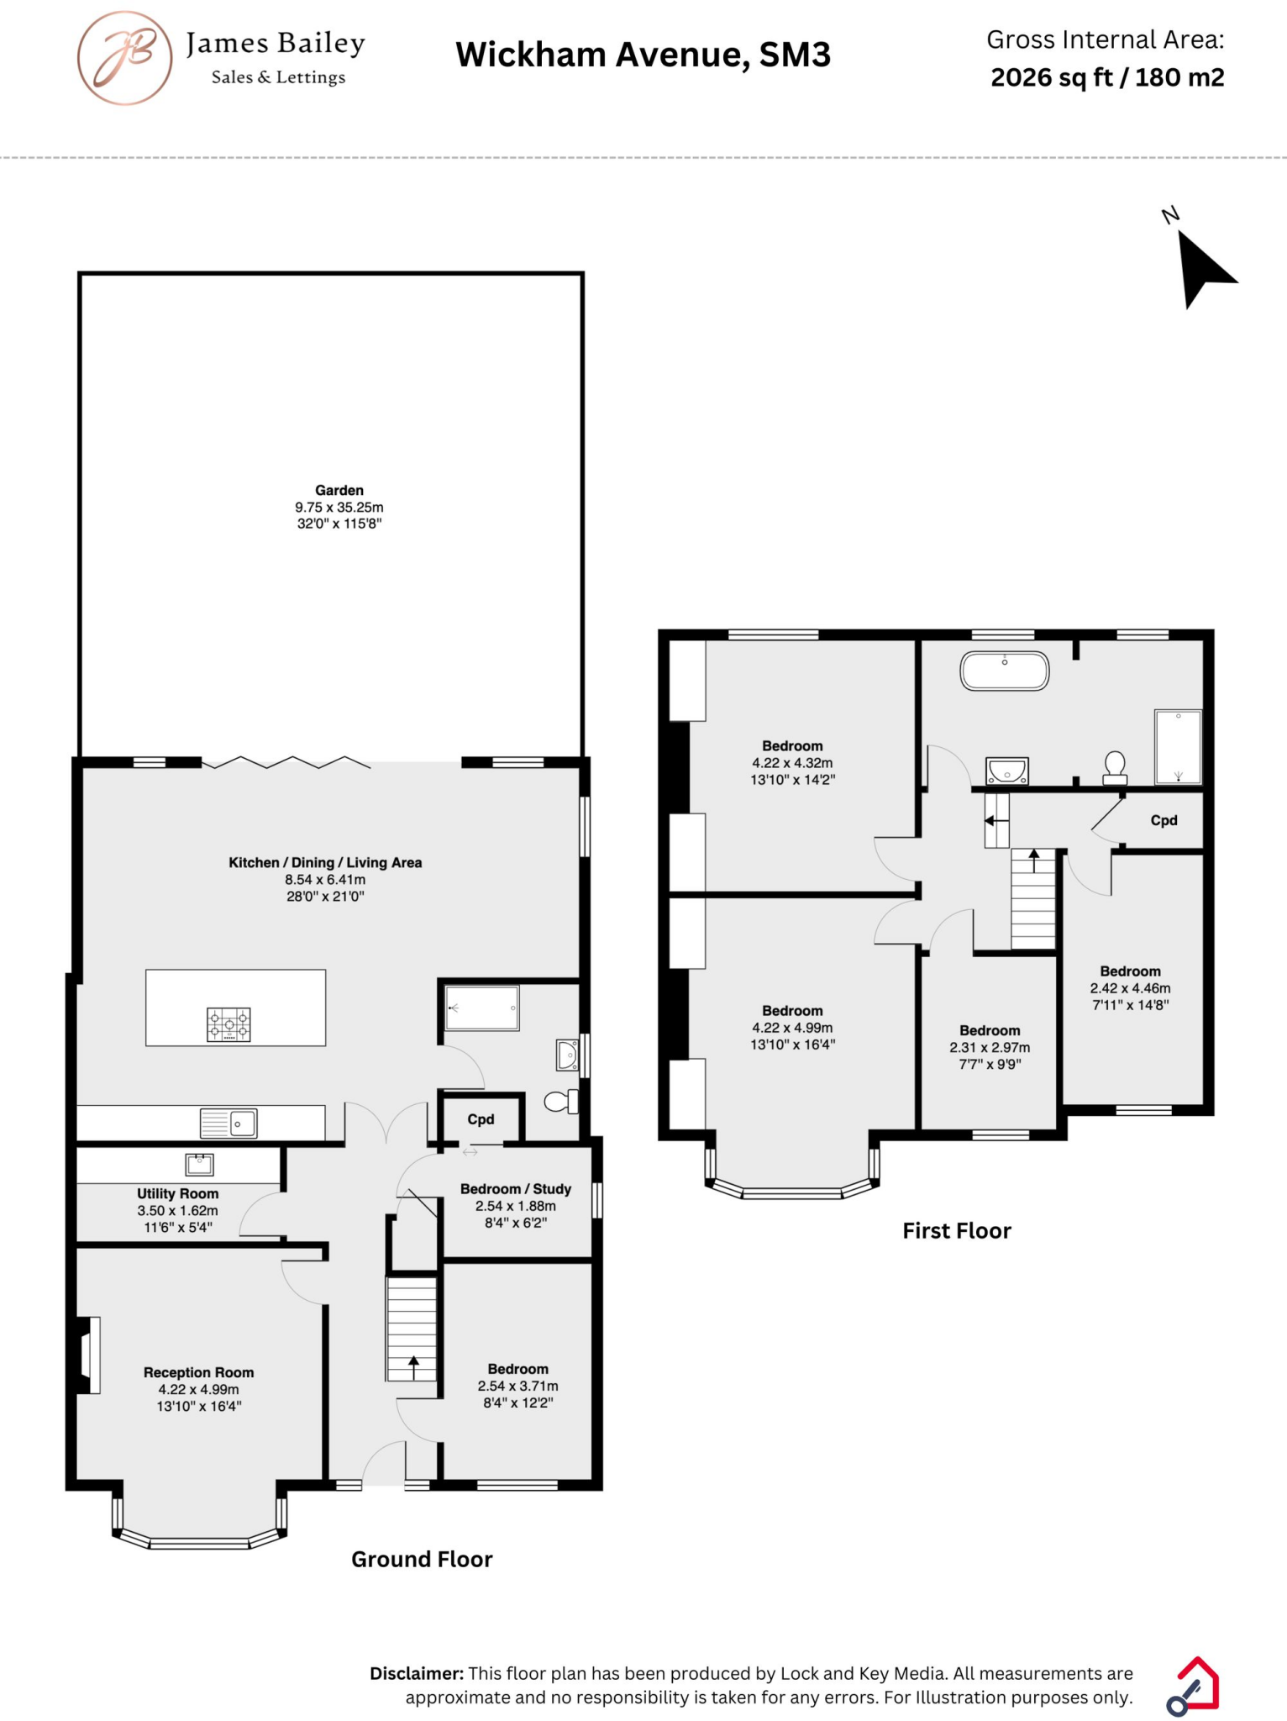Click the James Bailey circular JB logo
click(x=125, y=58)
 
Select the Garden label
click(x=339, y=490)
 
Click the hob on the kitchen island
click(x=229, y=1025)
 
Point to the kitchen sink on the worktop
click(x=229, y=1123)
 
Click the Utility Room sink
click(x=200, y=1164)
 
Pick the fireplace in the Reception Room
click(x=87, y=1355)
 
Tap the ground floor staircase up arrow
click(x=412, y=1367)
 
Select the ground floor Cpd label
click(x=481, y=1119)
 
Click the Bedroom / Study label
click(x=515, y=1189)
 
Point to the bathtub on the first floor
click(x=1005, y=671)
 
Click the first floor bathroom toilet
click(x=1115, y=767)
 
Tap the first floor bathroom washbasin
click(x=1006, y=771)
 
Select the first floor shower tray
click(x=1178, y=746)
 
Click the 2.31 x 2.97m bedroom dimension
click(x=990, y=1048)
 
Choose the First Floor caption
click(x=956, y=1231)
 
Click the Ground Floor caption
click(x=422, y=1560)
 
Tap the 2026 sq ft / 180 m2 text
click(x=1106, y=77)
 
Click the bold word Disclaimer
click(x=416, y=1673)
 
